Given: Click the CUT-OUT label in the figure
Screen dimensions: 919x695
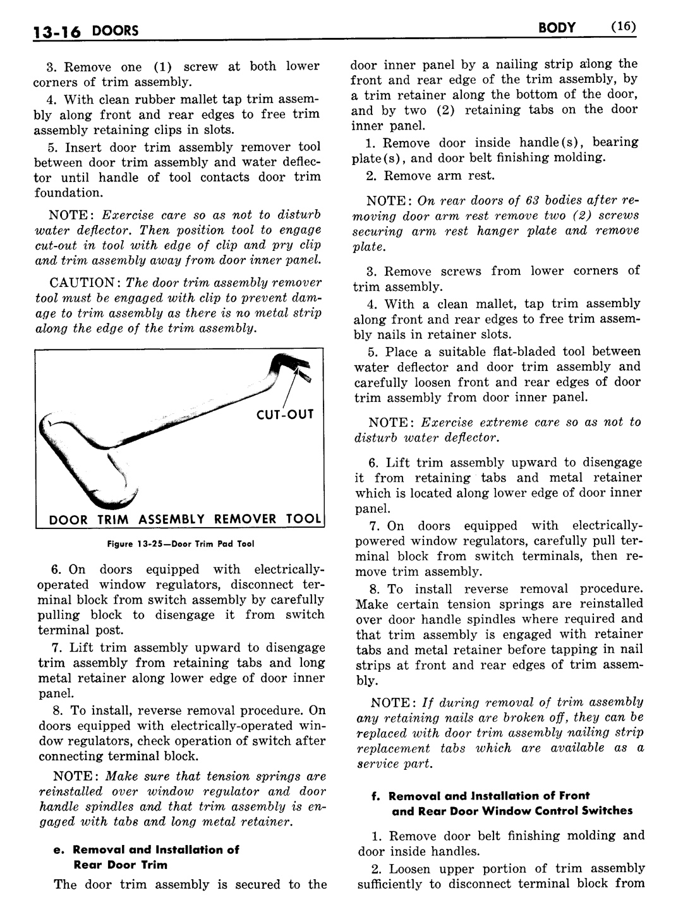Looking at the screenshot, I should (x=284, y=415).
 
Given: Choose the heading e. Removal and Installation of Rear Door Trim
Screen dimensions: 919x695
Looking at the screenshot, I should (x=146, y=856).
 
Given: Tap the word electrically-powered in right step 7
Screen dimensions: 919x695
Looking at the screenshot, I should (x=607, y=526).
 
